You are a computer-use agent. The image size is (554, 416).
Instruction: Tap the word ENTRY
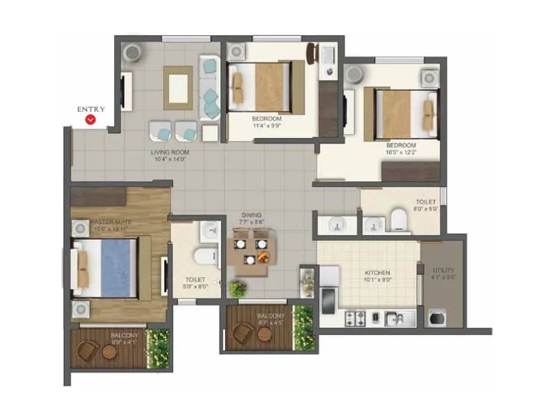(91, 109)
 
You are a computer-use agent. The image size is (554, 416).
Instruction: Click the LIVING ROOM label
(170, 152)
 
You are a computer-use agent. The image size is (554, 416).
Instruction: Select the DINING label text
(251, 215)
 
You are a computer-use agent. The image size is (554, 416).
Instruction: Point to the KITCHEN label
(377, 273)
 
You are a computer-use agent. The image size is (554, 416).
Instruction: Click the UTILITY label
(443, 270)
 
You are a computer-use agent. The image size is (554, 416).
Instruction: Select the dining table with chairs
(251, 250)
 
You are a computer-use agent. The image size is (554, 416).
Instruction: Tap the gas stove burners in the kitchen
(356, 318)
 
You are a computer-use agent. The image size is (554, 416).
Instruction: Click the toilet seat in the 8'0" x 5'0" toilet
(400, 220)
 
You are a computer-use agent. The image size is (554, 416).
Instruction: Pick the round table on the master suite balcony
(109, 352)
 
